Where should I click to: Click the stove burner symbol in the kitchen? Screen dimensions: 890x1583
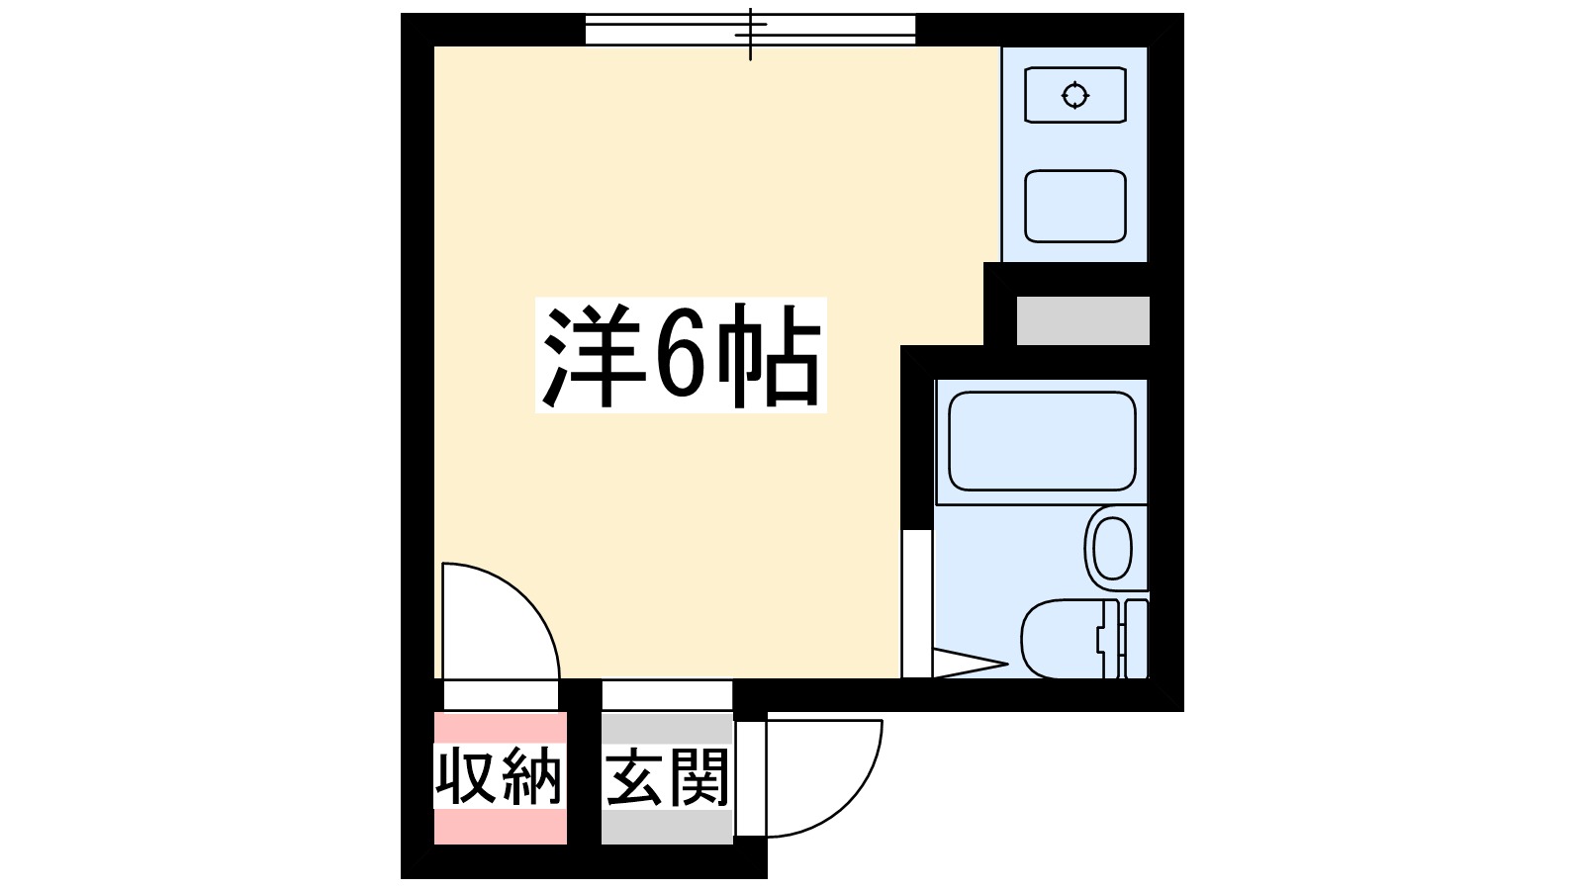(x=1074, y=96)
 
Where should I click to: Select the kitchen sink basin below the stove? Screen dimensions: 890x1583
(x=1074, y=207)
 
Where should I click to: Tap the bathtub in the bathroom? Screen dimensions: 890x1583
(x=1041, y=441)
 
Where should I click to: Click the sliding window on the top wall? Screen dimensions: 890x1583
(x=750, y=30)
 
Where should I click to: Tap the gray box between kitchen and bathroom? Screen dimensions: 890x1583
(x=1082, y=320)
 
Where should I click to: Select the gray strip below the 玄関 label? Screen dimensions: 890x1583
(x=667, y=827)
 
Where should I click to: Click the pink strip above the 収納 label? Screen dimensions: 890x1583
(x=500, y=729)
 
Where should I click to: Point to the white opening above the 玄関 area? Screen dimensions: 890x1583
(x=667, y=694)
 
